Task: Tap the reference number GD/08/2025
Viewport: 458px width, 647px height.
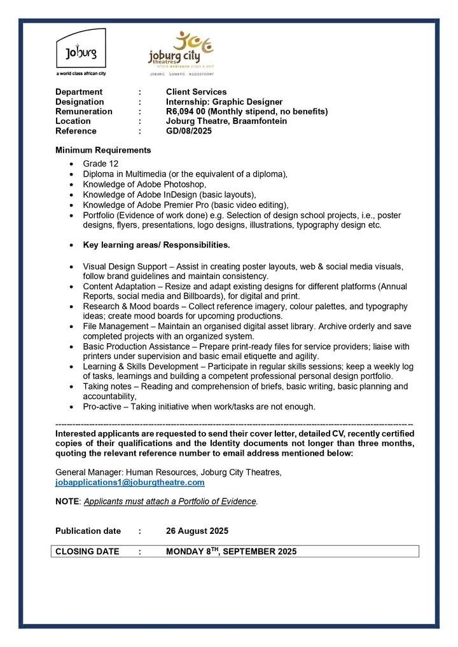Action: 189,131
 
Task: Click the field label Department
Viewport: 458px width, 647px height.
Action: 79,92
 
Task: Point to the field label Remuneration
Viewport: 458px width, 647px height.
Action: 84,111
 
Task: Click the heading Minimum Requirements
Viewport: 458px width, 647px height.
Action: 103,150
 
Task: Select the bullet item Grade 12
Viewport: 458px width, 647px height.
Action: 101,164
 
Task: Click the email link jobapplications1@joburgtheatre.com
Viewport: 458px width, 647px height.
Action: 130,482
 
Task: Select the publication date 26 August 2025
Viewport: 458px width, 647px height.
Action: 197,531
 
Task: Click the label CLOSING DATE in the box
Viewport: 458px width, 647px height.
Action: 87,551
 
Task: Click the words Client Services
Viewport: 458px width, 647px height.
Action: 196,92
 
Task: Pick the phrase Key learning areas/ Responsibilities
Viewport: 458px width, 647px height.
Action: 156,245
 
